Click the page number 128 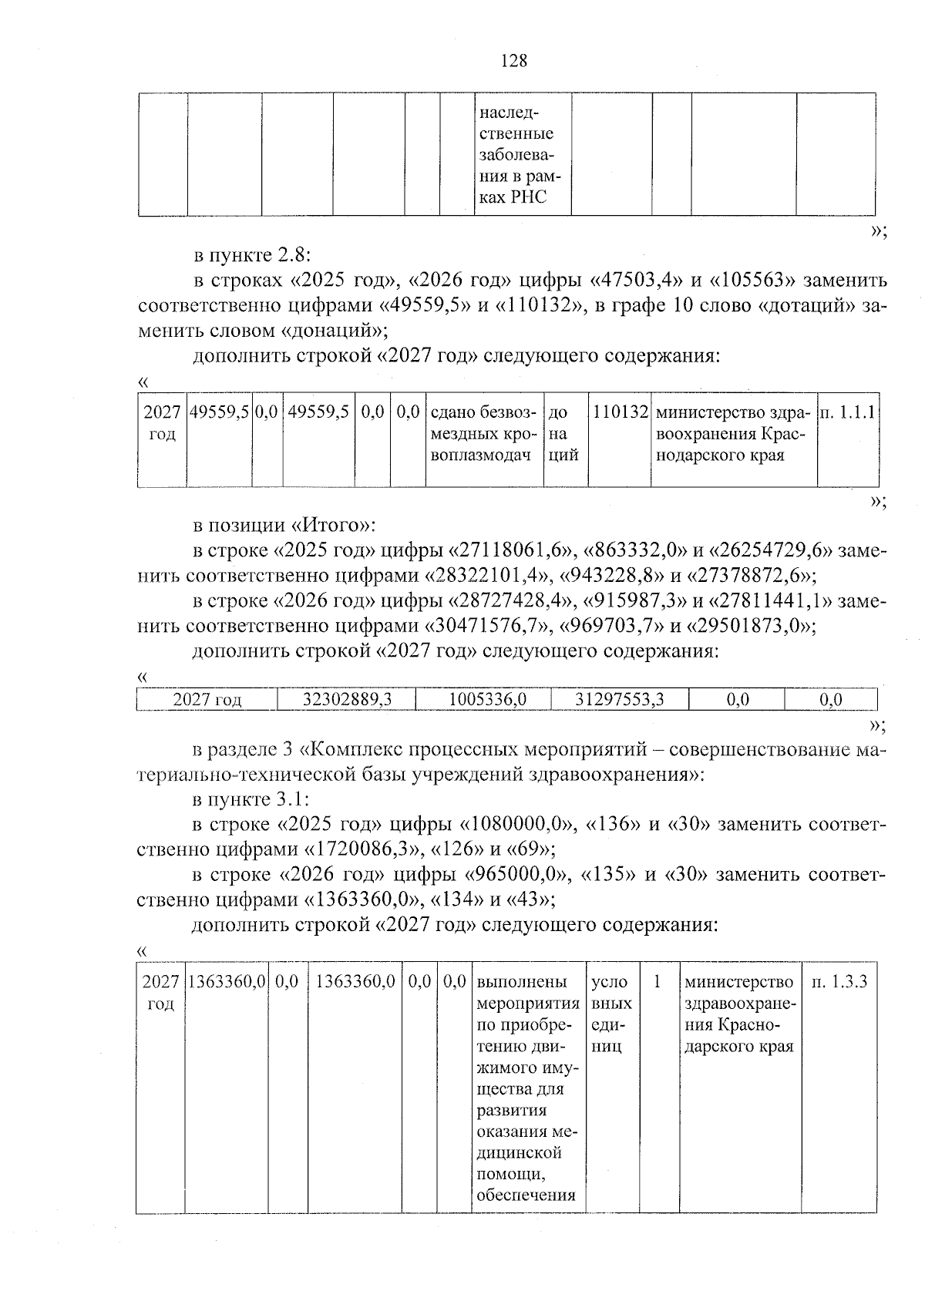coord(514,60)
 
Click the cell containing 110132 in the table coord(620,413)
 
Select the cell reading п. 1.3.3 coord(839,982)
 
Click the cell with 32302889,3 coord(346,699)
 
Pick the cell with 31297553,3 coord(620,699)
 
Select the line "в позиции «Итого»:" coord(284,526)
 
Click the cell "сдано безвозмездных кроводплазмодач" coord(484,434)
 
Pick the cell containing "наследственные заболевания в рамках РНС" coord(522,154)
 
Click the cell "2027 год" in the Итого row coord(207,699)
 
